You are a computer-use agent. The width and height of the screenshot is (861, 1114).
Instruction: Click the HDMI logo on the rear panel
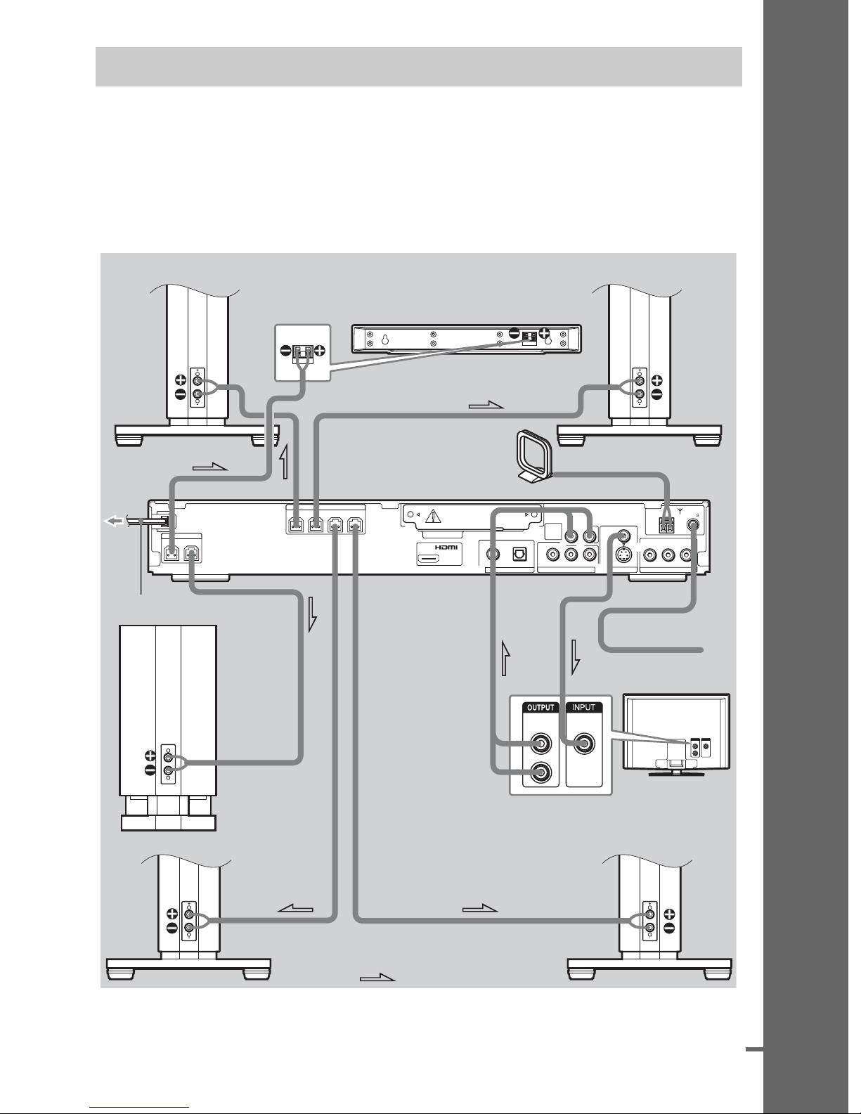click(446, 547)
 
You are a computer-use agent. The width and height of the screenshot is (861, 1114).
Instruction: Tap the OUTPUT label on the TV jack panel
click(540, 708)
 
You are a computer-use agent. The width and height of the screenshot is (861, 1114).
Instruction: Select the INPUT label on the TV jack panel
click(584, 708)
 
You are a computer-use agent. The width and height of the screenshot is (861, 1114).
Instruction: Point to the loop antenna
click(533, 457)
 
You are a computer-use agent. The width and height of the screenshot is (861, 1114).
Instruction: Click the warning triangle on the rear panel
click(434, 515)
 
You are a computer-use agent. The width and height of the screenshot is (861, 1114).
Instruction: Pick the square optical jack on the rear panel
click(519, 554)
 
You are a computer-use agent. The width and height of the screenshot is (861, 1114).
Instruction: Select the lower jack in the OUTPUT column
click(541, 772)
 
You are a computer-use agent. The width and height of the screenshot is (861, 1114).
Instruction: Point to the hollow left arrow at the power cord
click(113, 522)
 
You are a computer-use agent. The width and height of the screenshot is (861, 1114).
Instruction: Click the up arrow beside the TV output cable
click(505, 658)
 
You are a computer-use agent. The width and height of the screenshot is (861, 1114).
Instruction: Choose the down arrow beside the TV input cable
click(575, 656)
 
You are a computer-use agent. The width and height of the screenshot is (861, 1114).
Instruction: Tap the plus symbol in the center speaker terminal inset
click(319, 351)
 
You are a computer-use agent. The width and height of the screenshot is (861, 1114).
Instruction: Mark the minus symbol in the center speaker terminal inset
click(286, 351)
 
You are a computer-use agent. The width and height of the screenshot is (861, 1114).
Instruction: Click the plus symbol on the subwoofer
click(150, 756)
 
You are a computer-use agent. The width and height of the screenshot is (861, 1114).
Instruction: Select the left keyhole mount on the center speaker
click(385, 339)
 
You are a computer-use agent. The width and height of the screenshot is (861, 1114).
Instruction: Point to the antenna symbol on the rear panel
click(680, 511)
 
